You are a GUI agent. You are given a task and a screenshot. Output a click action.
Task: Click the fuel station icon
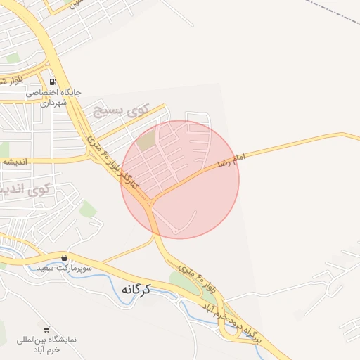click(53, 81)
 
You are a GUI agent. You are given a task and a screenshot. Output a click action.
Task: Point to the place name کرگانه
click(138, 289)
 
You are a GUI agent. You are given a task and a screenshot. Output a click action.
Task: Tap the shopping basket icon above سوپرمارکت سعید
click(65, 258)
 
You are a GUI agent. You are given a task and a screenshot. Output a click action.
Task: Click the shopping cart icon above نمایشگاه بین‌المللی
click(46, 329)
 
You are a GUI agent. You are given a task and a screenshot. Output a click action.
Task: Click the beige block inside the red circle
click(146, 141)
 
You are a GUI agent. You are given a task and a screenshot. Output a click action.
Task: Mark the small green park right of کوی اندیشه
click(87, 208)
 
